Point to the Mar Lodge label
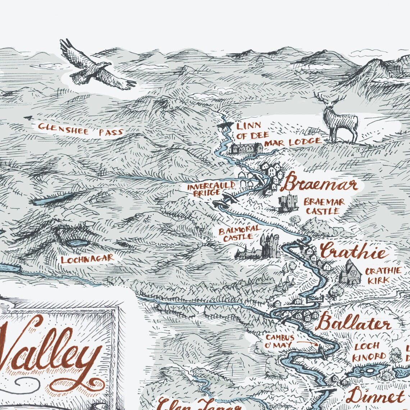[293, 142]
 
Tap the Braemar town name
[319, 184]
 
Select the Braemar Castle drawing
[288, 204]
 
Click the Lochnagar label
[87, 259]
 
